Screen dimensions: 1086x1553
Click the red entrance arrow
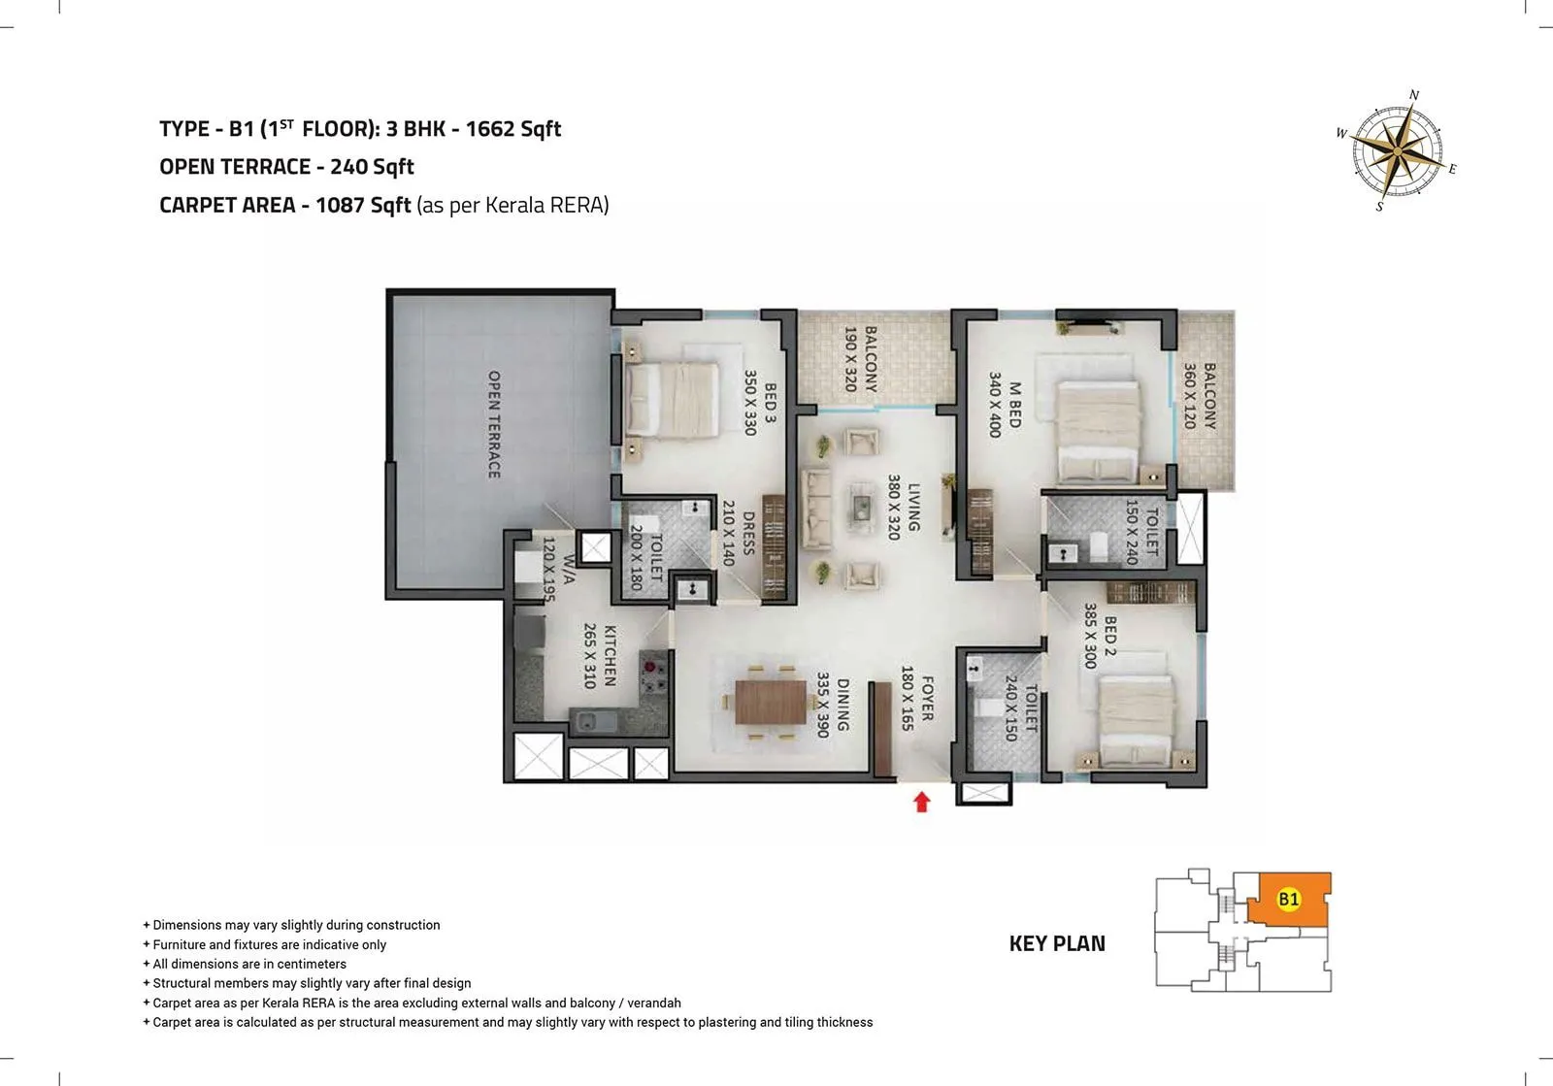point(922,802)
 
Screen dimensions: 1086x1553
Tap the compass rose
point(1395,151)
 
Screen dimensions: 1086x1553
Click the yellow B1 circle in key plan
point(1288,899)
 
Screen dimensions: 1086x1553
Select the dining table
point(771,702)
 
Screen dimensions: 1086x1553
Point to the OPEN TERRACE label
point(493,424)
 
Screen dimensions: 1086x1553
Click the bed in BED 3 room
point(672,399)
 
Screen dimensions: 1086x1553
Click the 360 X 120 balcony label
point(1200,396)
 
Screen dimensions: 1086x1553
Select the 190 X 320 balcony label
point(860,359)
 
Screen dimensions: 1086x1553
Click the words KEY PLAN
point(1056,943)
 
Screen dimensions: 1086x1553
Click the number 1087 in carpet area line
point(341,206)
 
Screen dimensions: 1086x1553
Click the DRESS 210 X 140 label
point(738,534)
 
